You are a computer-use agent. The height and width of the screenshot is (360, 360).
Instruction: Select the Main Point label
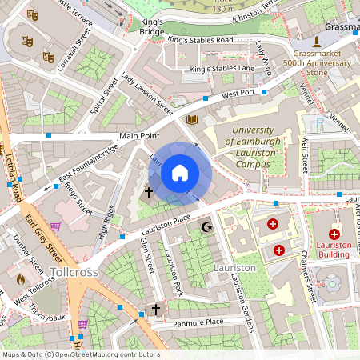141,136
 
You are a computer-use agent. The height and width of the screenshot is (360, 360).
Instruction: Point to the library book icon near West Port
192,120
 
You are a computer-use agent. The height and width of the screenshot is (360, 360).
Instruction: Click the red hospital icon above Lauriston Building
334,234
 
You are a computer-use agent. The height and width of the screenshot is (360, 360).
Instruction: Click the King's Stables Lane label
222,70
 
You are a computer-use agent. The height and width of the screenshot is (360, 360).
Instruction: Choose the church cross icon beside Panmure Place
156,308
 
